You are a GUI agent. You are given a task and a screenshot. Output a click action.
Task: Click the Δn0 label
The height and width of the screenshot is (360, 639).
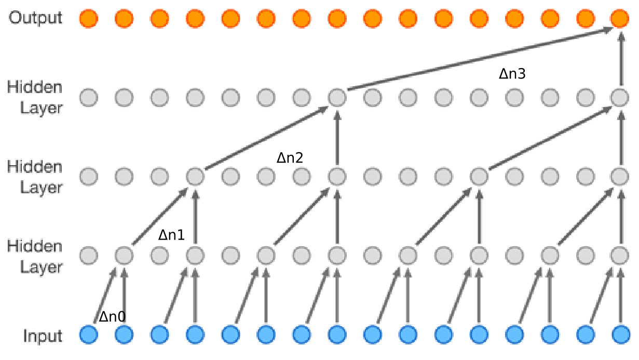tap(113, 316)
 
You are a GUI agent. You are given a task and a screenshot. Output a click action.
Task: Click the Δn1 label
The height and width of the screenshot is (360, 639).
tap(171, 235)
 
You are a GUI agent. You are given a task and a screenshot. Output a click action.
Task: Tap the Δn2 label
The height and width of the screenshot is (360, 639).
tap(290, 157)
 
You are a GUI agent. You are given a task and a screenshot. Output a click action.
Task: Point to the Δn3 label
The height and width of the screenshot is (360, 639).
tap(512, 74)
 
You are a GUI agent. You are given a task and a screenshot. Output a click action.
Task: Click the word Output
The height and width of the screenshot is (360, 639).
tap(35, 18)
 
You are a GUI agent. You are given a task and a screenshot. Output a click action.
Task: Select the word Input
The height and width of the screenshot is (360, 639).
tap(43, 336)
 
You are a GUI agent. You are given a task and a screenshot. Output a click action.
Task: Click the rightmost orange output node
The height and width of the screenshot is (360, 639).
tap(619, 19)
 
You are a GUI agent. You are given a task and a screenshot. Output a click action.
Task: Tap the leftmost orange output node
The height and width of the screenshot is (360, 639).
tap(88, 19)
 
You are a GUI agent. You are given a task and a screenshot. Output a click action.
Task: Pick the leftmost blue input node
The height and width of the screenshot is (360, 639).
tap(88, 334)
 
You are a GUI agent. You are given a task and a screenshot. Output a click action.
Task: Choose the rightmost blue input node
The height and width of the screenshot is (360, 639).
tap(619, 334)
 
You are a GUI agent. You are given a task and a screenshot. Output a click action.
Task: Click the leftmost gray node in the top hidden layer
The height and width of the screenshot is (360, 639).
tap(88, 97)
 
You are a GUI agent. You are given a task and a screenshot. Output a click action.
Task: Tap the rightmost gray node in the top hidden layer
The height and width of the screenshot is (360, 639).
tap(619, 97)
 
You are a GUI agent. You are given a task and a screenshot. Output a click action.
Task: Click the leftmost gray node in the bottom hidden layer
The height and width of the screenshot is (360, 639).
tap(88, 255)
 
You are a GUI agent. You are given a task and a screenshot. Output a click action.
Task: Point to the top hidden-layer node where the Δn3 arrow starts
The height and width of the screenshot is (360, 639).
tap(337, 97)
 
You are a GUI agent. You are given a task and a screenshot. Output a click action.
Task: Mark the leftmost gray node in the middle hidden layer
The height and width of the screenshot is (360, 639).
tap(88, 176)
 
